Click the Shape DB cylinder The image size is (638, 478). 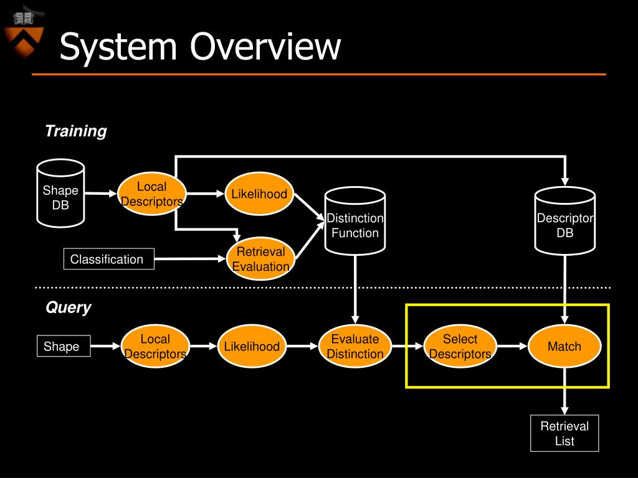point(60,193)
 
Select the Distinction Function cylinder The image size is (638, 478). point(355,221)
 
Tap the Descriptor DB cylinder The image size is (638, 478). point(564,221)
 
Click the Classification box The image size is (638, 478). point(108,259)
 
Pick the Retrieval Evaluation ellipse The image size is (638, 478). point(260,259)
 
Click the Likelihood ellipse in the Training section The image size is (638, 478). point(259,194)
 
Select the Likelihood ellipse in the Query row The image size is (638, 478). point(252,346)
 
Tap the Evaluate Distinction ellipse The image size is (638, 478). point(355,346)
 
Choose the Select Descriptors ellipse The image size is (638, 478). point(460,346)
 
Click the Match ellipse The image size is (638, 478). point(564,346)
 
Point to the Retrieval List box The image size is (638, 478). point(564,433)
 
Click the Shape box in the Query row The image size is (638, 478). point(64,346)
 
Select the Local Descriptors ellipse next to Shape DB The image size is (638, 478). point(152,194)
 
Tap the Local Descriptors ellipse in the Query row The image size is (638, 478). point(155,346)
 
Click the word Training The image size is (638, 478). point(75,131)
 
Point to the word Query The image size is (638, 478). point(69,307)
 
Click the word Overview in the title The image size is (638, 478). point(265,46)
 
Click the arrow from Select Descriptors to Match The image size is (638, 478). point(512,346)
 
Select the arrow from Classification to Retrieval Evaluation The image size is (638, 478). point(190,258)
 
